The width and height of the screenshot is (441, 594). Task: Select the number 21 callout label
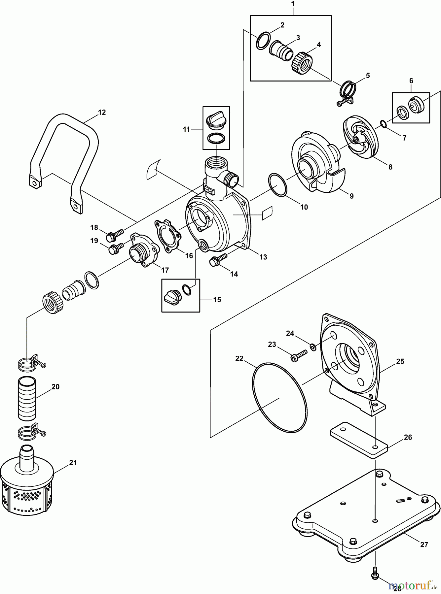click(73, 463)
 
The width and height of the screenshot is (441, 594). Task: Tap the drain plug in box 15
click(171, 295)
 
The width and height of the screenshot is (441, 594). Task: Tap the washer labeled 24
click(312, 347)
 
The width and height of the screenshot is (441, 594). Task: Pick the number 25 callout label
click(400, 361)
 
